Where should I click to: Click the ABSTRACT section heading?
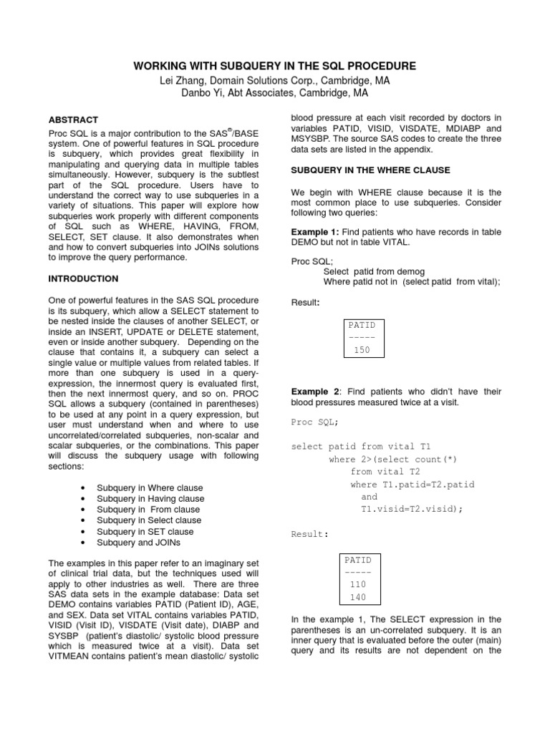click(72, 120)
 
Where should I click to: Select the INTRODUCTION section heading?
click(83, 278)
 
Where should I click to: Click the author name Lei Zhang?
click(182, 81)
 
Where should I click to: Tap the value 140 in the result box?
click(357, 597)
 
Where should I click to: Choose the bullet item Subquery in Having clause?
click(150, 498)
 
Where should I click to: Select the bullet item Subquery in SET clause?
click(145, 532)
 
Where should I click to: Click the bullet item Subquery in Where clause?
click(149, 487)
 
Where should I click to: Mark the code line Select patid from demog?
click(374, 271)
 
